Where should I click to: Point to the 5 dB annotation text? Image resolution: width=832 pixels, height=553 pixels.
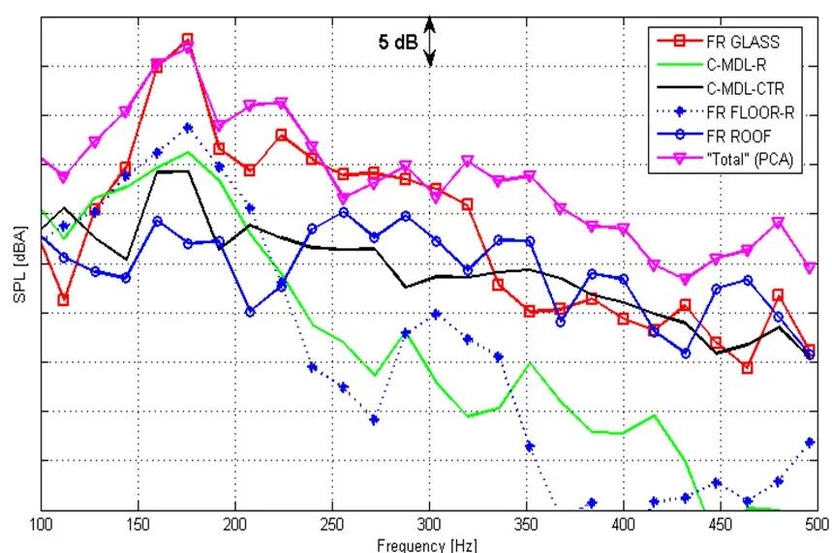397,42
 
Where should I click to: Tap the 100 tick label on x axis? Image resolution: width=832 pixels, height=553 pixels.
41,524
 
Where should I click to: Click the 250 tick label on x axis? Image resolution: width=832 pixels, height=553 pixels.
332,524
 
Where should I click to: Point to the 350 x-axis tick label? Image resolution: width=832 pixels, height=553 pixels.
526,524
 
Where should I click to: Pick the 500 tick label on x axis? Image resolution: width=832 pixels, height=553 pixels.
817,524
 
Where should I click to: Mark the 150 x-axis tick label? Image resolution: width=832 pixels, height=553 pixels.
139,524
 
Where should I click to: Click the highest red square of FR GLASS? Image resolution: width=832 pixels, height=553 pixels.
188,40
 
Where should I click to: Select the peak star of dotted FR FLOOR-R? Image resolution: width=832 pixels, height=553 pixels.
188,128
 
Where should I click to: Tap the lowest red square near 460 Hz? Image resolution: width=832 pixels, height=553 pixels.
747,368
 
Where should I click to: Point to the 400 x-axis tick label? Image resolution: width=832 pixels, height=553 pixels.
623,524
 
